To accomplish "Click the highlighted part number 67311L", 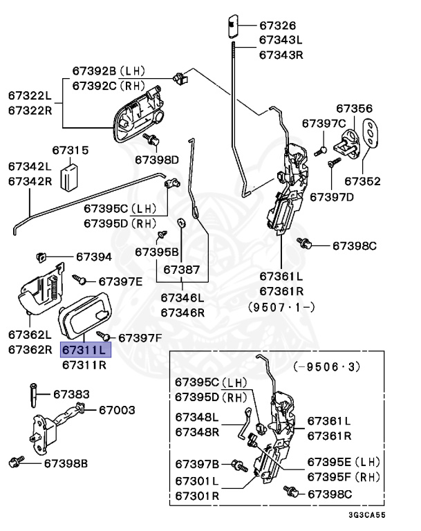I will pos(85,350).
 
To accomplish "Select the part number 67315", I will pos(71,149).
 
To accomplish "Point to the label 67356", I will pos(354,109).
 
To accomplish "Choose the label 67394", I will pos(93,257).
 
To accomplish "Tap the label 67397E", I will pos(120,281).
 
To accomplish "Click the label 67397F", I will pos(140,337).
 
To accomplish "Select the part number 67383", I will pos(72,394).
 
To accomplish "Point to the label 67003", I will pos(117,410).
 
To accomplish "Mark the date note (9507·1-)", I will pos(281,305).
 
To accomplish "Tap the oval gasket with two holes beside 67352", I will pos(371,134).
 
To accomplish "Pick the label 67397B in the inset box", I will pos(197,463).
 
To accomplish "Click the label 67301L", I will pos(197,481).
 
